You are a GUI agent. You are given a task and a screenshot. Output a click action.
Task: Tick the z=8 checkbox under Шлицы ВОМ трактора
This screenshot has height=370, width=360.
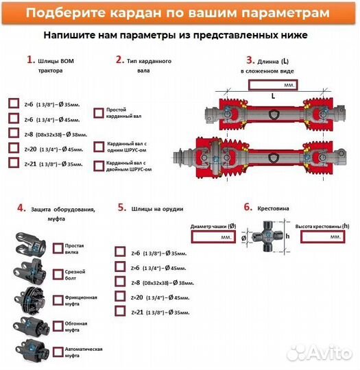coord(14,133)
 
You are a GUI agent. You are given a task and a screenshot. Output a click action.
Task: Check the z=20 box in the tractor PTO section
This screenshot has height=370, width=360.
coord(14,148)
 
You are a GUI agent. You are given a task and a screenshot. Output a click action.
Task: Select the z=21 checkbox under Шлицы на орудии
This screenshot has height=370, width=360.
coord(121,311)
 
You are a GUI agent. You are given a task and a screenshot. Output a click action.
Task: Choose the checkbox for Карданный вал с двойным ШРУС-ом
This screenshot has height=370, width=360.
coord(98,166)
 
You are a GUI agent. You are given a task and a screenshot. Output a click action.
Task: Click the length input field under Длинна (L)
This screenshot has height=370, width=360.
coord(273,84)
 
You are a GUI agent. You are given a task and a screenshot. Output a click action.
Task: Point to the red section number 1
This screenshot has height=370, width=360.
coord(29,60)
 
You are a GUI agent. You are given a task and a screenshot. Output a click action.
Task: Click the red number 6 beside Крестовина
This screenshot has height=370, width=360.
coord(248,206)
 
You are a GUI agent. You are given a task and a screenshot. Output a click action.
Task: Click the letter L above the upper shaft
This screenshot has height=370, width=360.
coord(273,97)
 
